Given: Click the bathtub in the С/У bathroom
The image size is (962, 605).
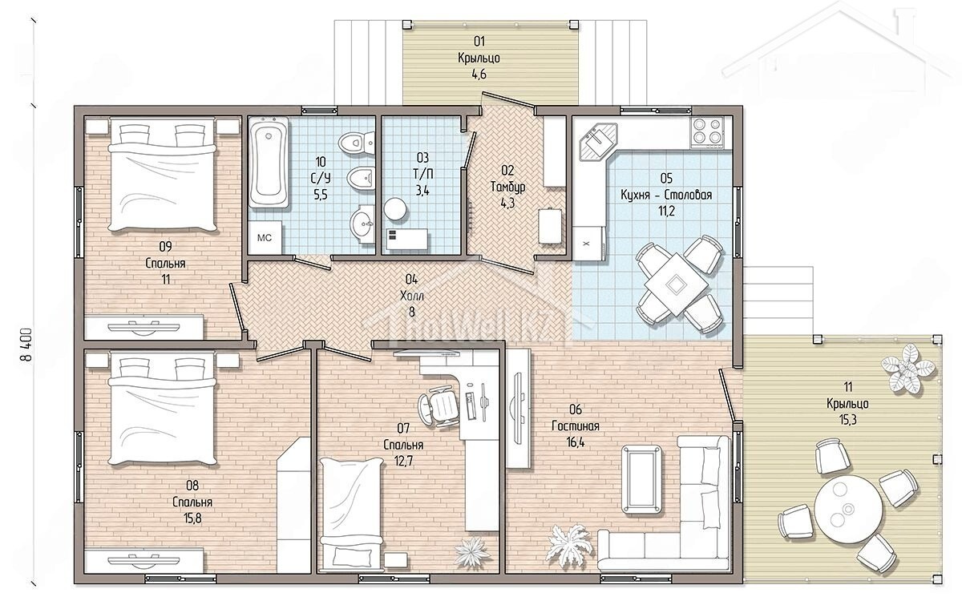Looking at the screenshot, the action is [x=269, y=163].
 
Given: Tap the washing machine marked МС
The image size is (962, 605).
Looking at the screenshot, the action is [x=265, y=238].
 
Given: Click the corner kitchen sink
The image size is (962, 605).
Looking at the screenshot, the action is [x=598, y=141].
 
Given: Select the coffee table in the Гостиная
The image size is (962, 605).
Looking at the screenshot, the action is [x=641, y=479].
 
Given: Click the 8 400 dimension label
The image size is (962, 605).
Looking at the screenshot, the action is [x=26, y=345].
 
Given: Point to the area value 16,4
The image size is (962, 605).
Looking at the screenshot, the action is [x=576, y=442].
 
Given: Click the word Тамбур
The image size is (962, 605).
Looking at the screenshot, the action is [x=507, y=187].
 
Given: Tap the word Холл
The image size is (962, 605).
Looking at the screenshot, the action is [x=412, y=296].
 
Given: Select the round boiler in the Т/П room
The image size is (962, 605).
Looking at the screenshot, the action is [x=395, y=209].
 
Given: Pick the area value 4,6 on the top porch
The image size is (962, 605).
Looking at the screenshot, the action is [x=479, y=75].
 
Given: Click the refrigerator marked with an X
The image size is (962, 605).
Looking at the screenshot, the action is [x=588, y=243].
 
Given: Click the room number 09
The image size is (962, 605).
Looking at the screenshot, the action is [x=165, y=247].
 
